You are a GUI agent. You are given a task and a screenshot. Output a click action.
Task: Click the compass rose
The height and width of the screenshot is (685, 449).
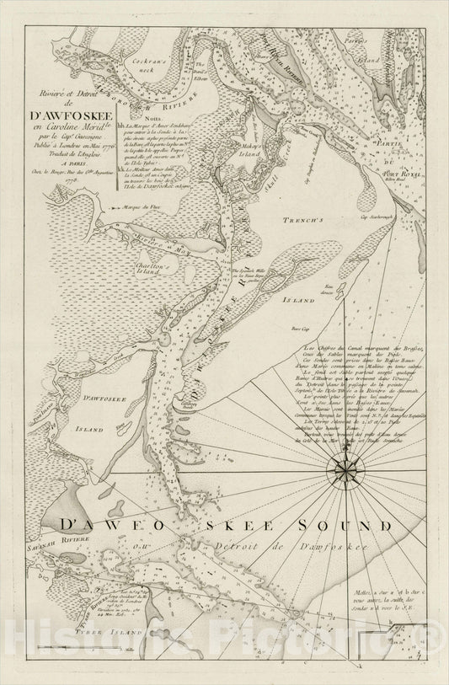click(348, 464)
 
